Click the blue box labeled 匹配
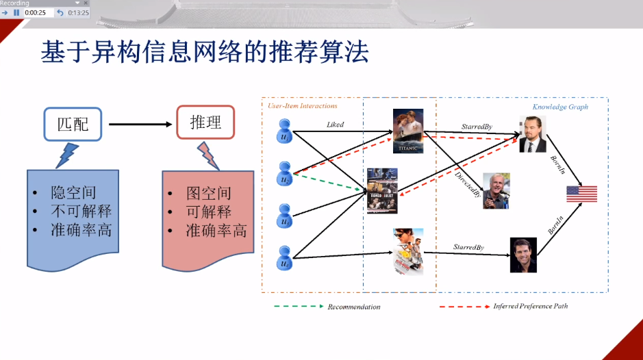[x=73, y=124]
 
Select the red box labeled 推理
[x=205, y=123]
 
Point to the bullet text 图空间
[x=209, y=194]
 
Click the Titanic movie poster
[x=407, y=131]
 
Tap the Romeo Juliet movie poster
[x=382, y=191]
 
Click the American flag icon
[x=581, y=194]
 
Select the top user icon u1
[x=285, y=132]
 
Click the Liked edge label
[x=335, y=125]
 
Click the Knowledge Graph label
[x=560, y=107]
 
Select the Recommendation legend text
[x=353, y=307]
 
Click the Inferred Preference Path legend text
[x=530, y=306]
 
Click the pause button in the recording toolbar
[x=16, y=12]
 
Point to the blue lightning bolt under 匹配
[x=66, y=155]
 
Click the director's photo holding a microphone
[x=496, y=190]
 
